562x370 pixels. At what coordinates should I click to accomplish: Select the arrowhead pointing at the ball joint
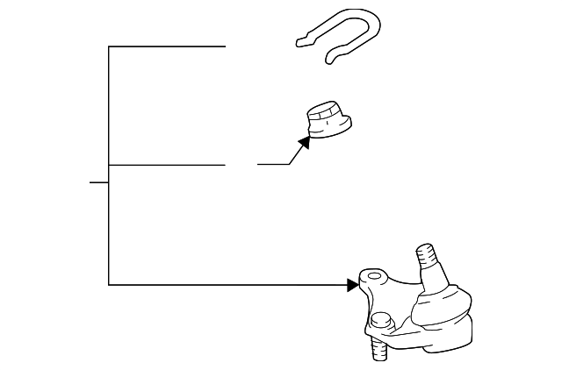pyautogui.click(x=354, y=284)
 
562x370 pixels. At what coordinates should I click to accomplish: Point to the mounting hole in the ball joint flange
pyautogui.click(x=375, y=278)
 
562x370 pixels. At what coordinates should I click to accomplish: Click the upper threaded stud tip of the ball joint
pyautogui.click(x=426, y=255)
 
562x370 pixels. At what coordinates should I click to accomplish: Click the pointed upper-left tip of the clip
pyautogui.click(x=299, y=40)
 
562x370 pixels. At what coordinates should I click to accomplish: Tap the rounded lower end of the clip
pyautogui.click(x=332, y=59)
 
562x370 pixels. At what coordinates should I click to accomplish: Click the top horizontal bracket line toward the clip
pyautogui.click(x=167, y=46)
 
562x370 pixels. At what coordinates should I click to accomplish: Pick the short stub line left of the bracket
pyautogui.click(x=98, y=182)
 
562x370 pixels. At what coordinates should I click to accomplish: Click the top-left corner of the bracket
pyautogui.click(x=109, y=46)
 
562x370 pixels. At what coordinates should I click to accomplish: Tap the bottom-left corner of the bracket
pyautogui.click(x=109, y=284)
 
